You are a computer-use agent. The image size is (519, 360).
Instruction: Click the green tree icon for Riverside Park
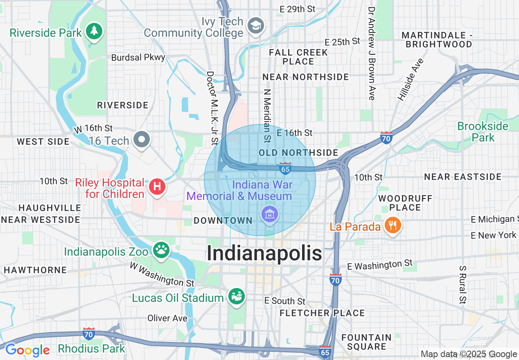click(x=94, y=31)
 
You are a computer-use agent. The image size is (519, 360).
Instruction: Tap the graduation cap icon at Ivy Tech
click(x=256, y=26)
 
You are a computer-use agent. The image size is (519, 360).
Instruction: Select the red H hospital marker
click(x=157, y=187)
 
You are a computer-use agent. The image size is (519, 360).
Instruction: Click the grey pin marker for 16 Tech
click(x=142, y=139)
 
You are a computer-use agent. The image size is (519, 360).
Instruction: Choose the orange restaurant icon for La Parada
click(x=393, y=225)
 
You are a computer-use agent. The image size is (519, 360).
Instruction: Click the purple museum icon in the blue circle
click(x=270, y=214)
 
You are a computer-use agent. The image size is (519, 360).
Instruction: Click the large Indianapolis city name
click(x=264, y=253)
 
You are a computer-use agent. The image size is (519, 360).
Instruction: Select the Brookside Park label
click(x=483, y=131)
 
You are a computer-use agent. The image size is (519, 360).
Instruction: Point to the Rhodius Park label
click(x=91, y=349)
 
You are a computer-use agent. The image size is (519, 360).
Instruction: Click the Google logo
click(x=27, y=350)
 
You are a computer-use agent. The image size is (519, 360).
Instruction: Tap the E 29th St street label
click(x=297, y=9)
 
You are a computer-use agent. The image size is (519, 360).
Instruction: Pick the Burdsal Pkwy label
click(x=138, y=58)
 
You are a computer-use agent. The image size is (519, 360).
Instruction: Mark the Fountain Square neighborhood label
click(x=366, y=342)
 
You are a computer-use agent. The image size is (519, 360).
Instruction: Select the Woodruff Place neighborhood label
click(x=405, y=203)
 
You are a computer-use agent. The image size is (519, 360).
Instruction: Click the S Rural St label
click(x=463, y=285)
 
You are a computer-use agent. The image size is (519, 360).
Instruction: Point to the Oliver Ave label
click(x=167, y=318)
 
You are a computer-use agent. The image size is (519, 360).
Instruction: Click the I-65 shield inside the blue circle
click(x=285, y=168)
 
